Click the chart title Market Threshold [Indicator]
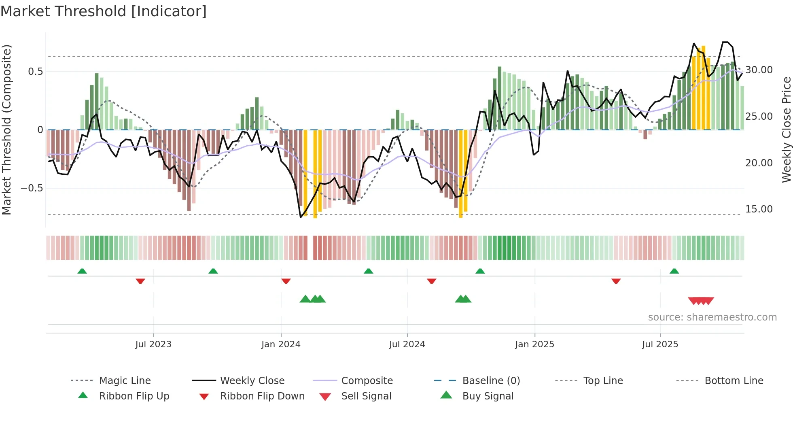coord(104,11)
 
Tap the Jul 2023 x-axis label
coord(153,344)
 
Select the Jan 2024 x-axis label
coord(281,344)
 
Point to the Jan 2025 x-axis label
coord(534,344)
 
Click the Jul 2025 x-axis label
coord(660,344)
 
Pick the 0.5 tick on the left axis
coord(35,72)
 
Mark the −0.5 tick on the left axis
coord(32,188)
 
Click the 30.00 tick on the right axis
coord(759,70)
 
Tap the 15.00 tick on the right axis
coord(759,209)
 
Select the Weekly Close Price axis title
coord(786,130)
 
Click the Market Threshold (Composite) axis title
coord(6,130)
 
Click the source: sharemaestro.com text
coord(712,317)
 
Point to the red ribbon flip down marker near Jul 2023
coord(140,281)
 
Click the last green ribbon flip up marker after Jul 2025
coord(674,271)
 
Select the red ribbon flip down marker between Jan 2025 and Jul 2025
coord(616,281)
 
